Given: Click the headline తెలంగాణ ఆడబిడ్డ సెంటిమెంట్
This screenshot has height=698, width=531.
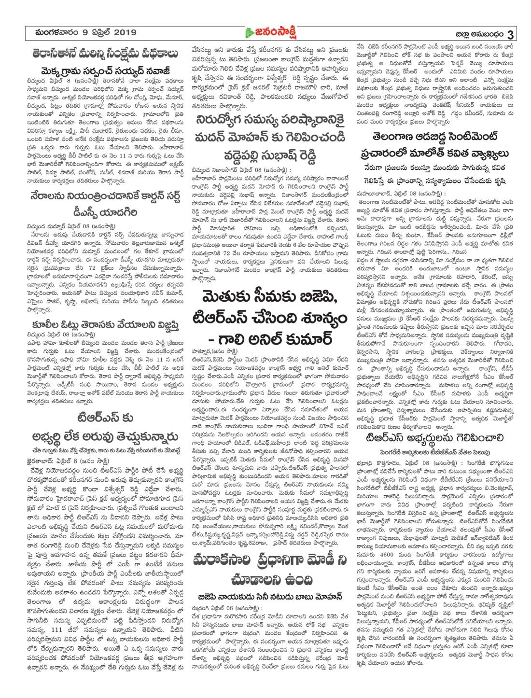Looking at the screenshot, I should (435, 134).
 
